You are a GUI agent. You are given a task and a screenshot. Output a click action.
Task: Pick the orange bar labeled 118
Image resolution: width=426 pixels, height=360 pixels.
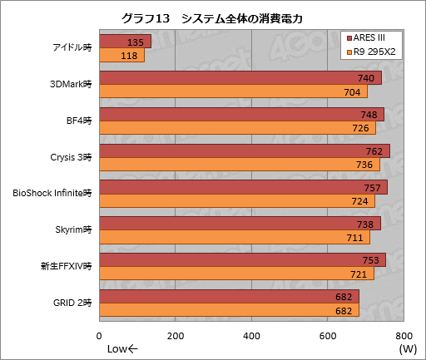[x=121, y=56]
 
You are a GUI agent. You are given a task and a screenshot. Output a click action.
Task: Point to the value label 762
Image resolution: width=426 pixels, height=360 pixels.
[x=374, y=151]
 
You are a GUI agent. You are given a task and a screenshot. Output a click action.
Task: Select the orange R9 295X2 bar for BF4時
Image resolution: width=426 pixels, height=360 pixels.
[x=237, y=128]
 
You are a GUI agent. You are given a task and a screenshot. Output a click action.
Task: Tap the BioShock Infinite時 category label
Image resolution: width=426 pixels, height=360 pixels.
[x=52, y=193]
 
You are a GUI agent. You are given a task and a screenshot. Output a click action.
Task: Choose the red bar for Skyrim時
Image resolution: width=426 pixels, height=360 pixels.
[x=240, y=224]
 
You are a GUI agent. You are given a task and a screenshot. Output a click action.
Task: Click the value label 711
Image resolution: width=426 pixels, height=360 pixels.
[x=354, y=238]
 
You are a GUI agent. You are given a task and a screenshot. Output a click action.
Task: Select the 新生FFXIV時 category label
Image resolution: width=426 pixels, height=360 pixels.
[x=64, y=266]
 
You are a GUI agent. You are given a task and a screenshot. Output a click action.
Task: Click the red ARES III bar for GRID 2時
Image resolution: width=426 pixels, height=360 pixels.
[x=229, y=297]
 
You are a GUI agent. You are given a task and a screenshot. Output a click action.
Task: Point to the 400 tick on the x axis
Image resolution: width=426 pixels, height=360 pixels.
[x=251, y=335]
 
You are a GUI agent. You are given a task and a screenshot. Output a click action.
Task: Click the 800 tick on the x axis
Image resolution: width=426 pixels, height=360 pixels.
[x=404, y=335]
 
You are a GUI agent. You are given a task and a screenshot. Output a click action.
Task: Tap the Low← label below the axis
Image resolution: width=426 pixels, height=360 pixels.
[x=123, y=348]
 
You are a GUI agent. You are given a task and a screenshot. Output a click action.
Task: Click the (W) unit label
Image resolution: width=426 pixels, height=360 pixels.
[x=407, y=348]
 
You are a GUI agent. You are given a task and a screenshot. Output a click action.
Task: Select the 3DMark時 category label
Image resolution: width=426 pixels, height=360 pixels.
[x=71, y=84]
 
